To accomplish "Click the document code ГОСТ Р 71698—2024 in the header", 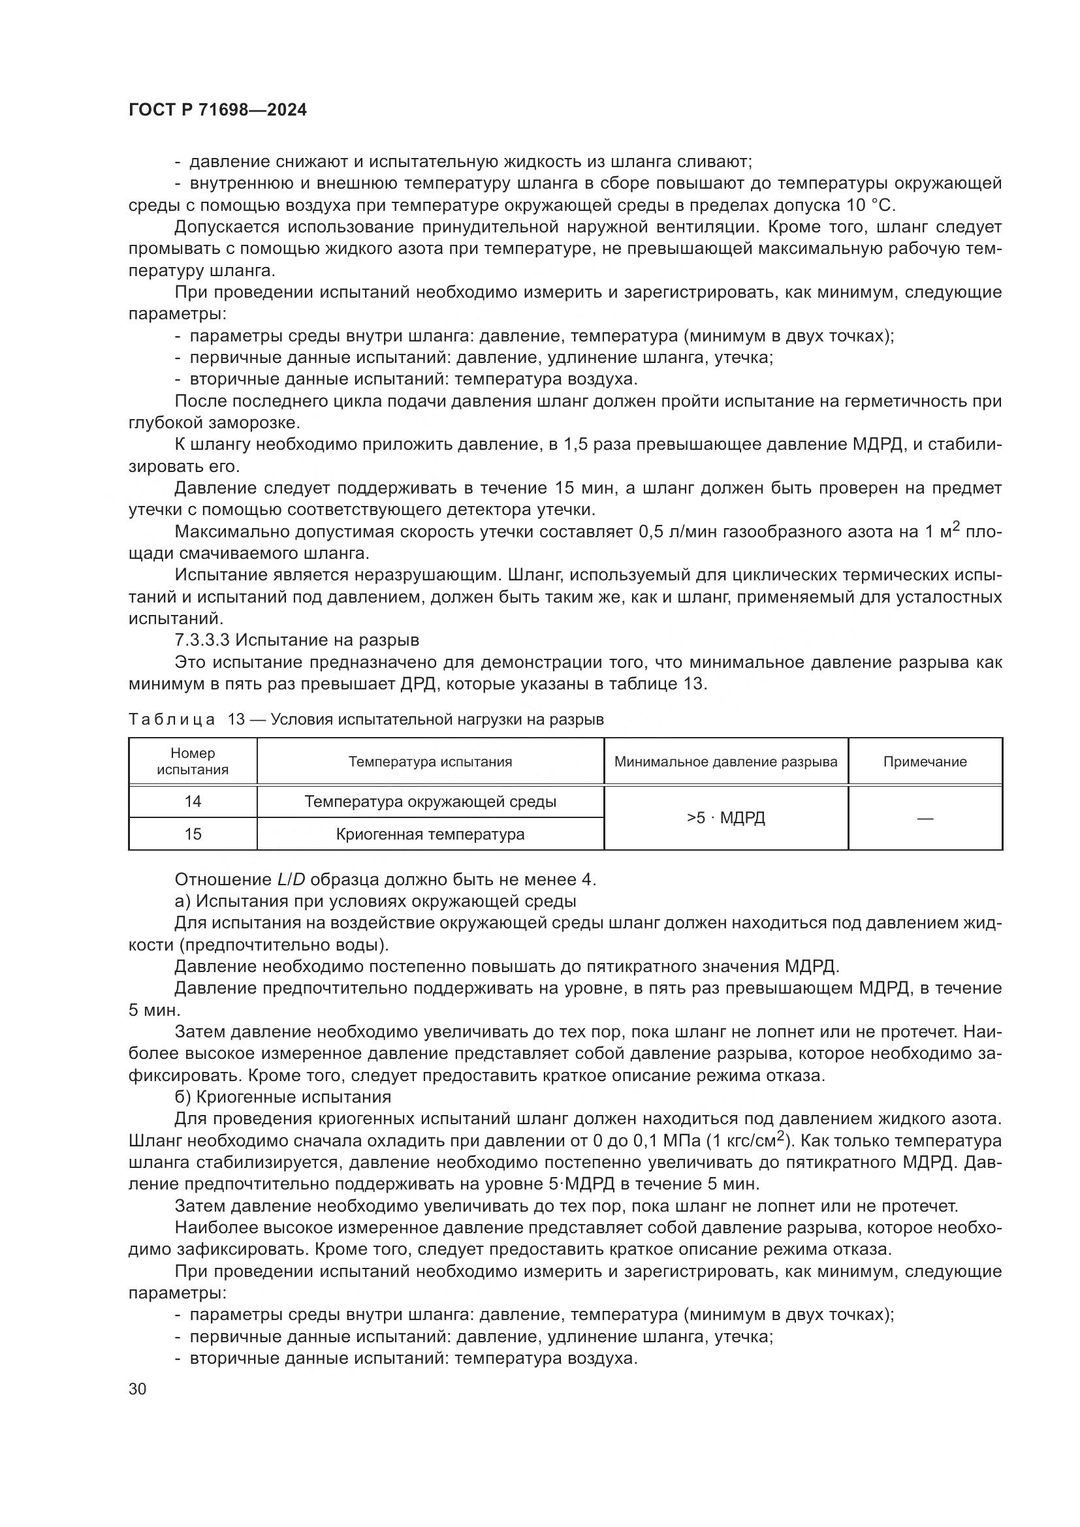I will coord(217,110).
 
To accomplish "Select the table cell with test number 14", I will coord(193,802).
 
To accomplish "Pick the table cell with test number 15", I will coord(193,834).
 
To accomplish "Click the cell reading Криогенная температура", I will coord(430,834).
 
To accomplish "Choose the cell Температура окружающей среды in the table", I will coord(430,802).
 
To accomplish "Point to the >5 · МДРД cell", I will coord(725,818).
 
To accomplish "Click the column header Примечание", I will coord(925,761).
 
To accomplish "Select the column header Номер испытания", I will coord(193,761).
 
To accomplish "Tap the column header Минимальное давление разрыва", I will coord(725,761).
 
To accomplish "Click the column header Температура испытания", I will coord(430,761).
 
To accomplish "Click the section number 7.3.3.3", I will coord(202,640).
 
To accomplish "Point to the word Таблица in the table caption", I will coord(172,719).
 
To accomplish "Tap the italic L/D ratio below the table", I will coord(291,879).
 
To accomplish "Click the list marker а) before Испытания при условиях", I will coord(183,901).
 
